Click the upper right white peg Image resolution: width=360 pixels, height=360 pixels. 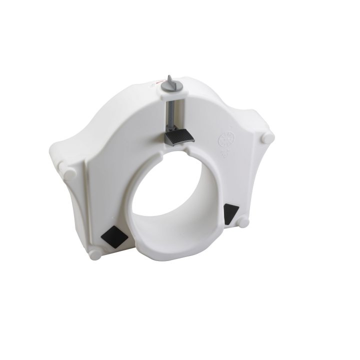[267, 136]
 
